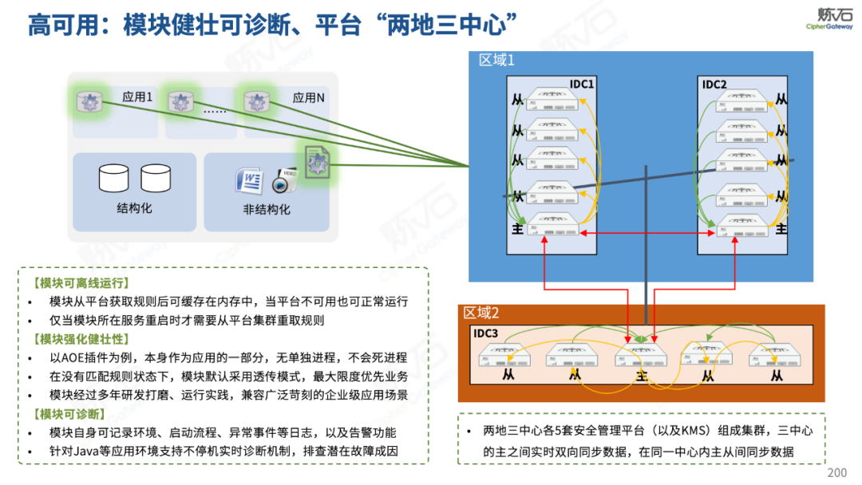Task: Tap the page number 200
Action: pyautogui.click(x=837, y=472)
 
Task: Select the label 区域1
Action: pyautogui.click(x=496, y=60)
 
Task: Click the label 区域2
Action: pyautogui.click(x=481, y=313)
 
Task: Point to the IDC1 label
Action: pyautogui.click(x=582, y=85)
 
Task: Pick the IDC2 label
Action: pyautogui.click(x=714, y=85)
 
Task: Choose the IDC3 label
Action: pyautogui.click(x=485, y=333)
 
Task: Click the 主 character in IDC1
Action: pyautogui.click(x=518, y=229)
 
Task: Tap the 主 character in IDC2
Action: pyautogui.click(x=781, y=229)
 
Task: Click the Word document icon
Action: pyautogui.click(x=248, y=180)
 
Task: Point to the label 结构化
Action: pyautogui.click(x=134, y=208)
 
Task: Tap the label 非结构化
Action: pyautogui.click(x=267, y=210)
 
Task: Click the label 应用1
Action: pyautogui.click(x=137, y=97)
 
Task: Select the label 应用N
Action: pyautogui.click(x=308, y=97)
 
